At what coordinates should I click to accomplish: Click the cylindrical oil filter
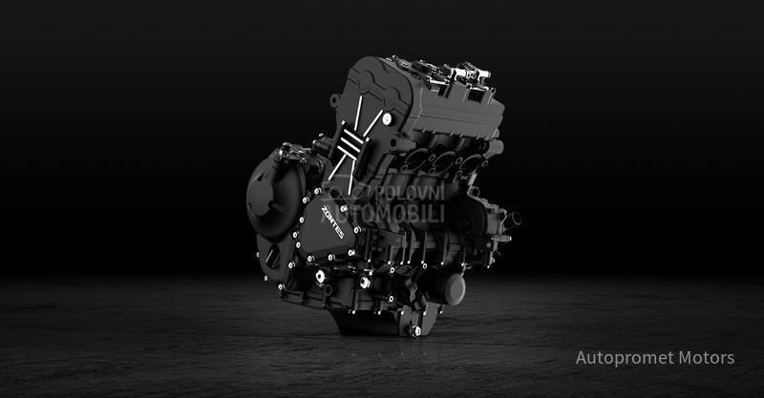448,286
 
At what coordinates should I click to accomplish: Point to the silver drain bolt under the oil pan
414,330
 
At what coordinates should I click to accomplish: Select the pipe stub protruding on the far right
512,219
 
